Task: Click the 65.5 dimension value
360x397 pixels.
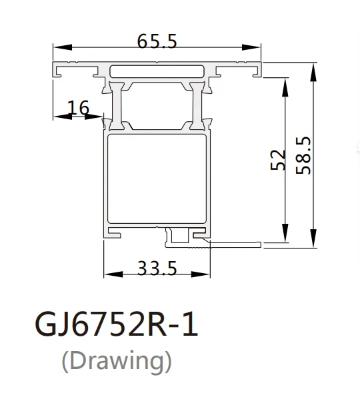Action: (x=157, y=41)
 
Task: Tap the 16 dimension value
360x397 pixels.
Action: (x=78, y=107)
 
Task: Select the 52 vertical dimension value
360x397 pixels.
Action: (x=279, y=160)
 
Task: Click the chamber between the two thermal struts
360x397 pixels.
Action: (x=158, y=103)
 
